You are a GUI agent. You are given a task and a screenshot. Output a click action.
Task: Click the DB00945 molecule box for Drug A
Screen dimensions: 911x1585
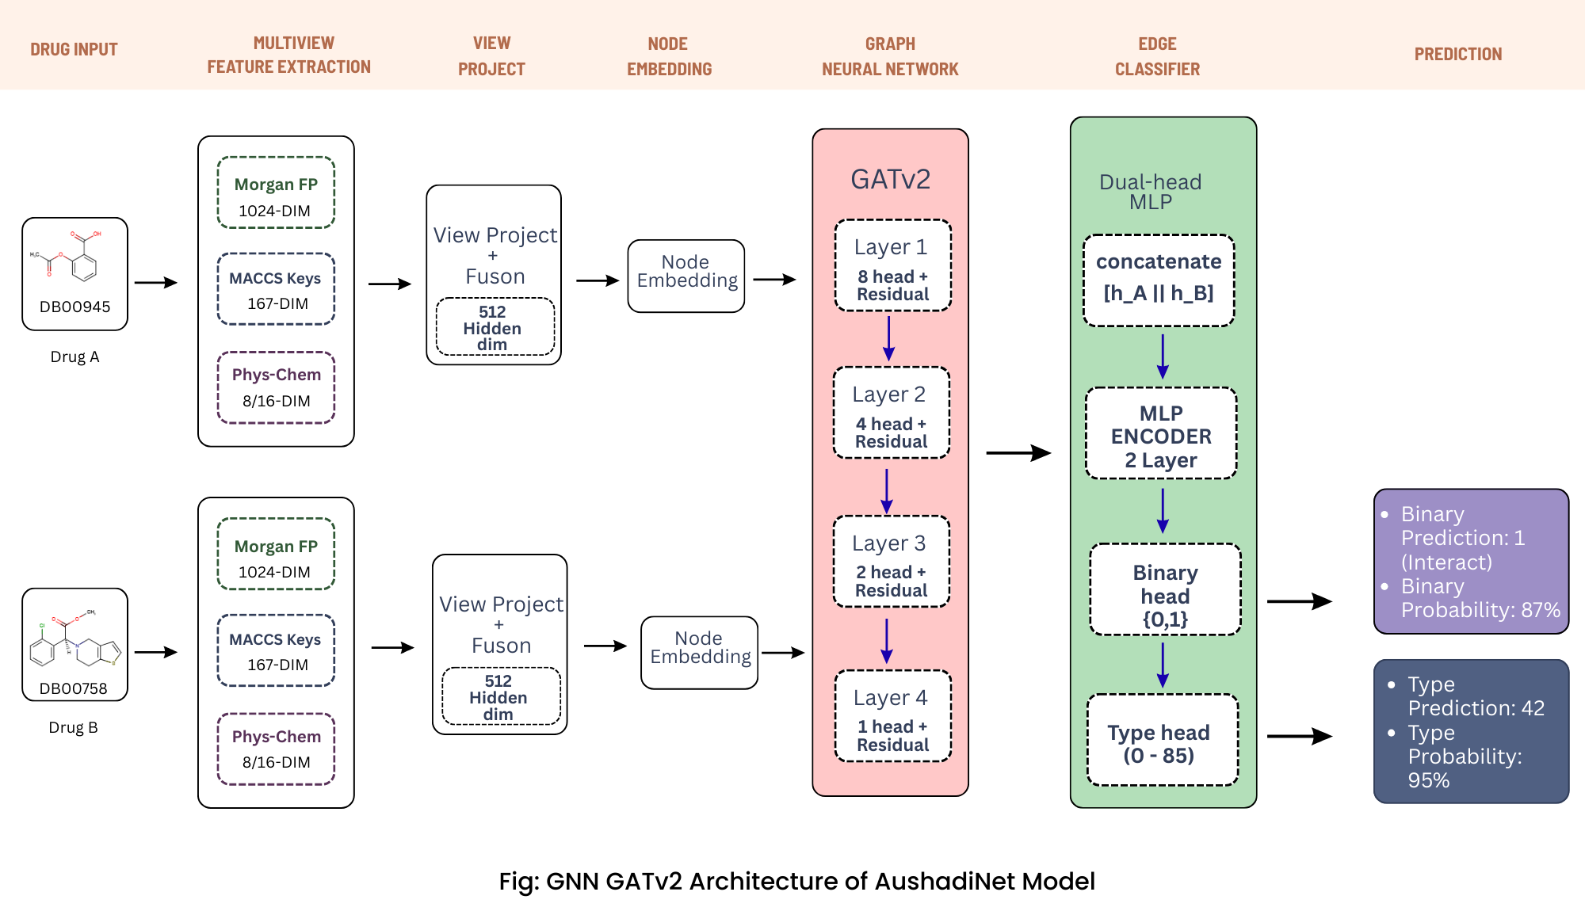(74, 273)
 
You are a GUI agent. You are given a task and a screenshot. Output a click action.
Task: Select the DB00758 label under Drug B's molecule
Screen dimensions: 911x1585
(73, 688)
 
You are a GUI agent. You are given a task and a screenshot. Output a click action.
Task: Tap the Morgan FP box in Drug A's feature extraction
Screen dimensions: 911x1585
(276, 193)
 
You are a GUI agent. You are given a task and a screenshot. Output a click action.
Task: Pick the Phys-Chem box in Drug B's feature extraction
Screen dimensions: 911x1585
(276, 749)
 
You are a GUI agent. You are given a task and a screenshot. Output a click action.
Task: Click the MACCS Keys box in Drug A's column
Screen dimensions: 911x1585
(276, 289)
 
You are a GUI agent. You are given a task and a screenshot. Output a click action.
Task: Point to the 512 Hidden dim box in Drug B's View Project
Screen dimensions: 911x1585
(498, 697)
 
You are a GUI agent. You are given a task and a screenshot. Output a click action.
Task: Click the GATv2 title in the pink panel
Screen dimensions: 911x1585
(890, 179)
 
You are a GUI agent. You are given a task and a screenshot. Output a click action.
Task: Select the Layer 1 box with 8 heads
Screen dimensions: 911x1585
(892, 265)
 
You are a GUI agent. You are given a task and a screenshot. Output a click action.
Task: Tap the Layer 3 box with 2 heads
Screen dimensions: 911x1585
(891, 562)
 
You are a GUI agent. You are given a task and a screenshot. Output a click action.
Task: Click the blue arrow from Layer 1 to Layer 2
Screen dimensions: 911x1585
(888, 338)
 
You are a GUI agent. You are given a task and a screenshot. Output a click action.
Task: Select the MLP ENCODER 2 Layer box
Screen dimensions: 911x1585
(1161, 434)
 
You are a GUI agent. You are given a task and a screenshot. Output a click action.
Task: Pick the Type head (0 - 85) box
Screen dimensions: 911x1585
(1162, 741)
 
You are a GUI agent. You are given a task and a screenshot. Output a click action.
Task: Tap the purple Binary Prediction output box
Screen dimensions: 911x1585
(1471, 562)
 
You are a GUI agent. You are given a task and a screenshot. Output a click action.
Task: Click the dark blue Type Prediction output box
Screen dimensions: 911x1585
(1471, 731)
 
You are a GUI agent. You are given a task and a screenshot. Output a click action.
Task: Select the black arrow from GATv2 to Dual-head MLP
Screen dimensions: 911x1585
(1018, 453)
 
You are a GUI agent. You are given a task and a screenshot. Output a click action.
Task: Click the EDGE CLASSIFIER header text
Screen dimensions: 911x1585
(1157, 56)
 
